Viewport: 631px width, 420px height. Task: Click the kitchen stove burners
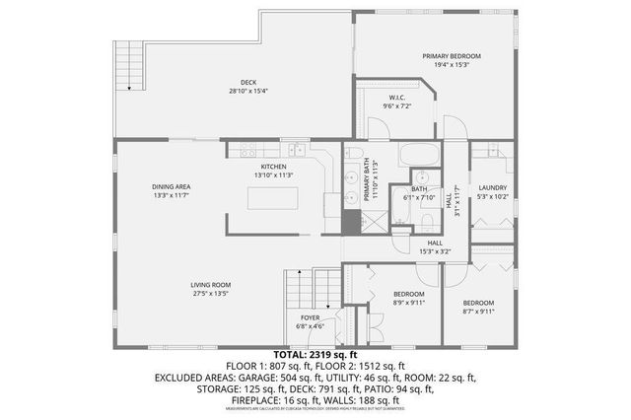246,151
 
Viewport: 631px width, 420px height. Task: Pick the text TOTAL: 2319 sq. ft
315,353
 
